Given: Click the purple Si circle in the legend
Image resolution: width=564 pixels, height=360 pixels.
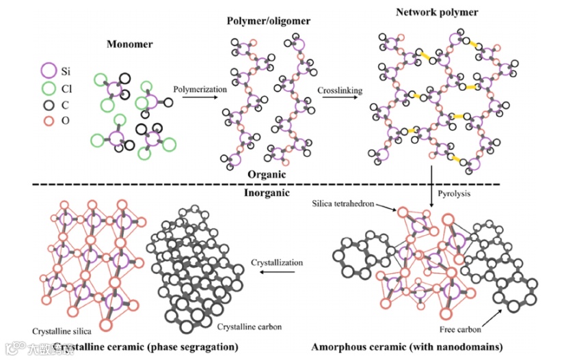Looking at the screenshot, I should [49, 70].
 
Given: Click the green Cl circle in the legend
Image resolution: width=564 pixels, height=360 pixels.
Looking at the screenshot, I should [49, 88].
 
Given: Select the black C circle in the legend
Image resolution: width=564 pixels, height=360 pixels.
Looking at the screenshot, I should [49, 105].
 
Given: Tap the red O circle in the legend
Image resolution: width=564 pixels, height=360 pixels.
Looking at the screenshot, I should [49, 122].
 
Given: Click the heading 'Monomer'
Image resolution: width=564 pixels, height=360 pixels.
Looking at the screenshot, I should [129, 45].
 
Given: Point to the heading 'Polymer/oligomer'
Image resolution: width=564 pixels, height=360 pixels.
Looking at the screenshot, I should [269, 21].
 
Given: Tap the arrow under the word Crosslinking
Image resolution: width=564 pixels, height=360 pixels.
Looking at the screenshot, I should [340, 99].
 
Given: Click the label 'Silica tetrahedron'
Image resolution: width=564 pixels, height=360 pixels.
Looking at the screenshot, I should [343, 204].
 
